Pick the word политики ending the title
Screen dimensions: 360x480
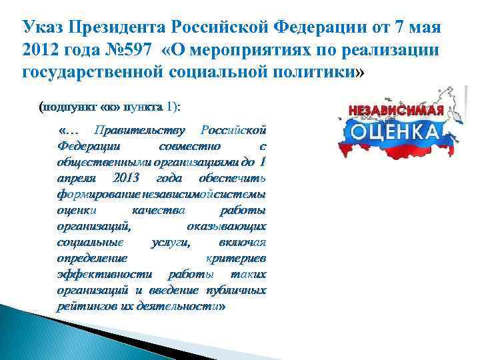(x=318, y=72)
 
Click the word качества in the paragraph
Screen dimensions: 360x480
(x=154, y=210)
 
